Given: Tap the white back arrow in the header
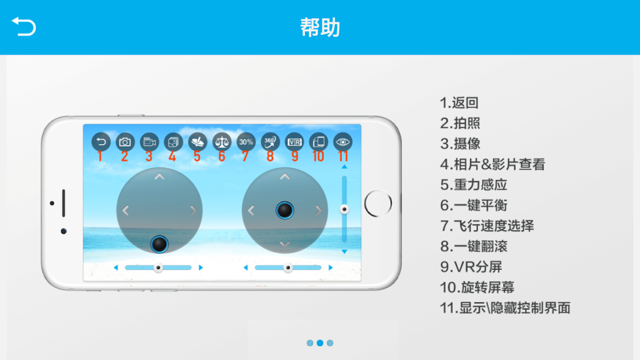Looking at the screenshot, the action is [x=24, y=27].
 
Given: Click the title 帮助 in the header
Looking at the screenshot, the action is [x=320, y=27].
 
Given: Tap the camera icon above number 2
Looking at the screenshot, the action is [x=125, y=142].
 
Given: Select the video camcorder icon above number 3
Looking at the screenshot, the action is [x=149, y=142].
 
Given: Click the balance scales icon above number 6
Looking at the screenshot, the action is [x=222, y=142].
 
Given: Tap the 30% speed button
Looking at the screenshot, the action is [x=246, y=142].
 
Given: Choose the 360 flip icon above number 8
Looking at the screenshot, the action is [x=270, y=142].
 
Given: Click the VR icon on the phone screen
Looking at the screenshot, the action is [x=295, y=142].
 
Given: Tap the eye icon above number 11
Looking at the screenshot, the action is [x=343, y=142].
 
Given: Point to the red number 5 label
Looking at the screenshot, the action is [x=197, y=156].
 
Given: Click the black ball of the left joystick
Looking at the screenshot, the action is [x=159, y=244].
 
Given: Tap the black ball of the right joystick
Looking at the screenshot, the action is [x=284, y=210].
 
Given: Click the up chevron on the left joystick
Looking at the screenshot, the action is [x=159, y=177].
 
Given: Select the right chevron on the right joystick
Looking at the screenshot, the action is [x=319, y=211].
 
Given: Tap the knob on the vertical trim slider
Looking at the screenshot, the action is [x=344, y=209].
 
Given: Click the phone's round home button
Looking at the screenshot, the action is [x=378, y=203].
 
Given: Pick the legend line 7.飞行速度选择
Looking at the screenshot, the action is [x=487, y=226].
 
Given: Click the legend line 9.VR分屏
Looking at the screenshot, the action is [x=471, y=267].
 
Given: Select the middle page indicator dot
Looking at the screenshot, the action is [x=320, y=343].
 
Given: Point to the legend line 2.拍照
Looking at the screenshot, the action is [x=460, y=123].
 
